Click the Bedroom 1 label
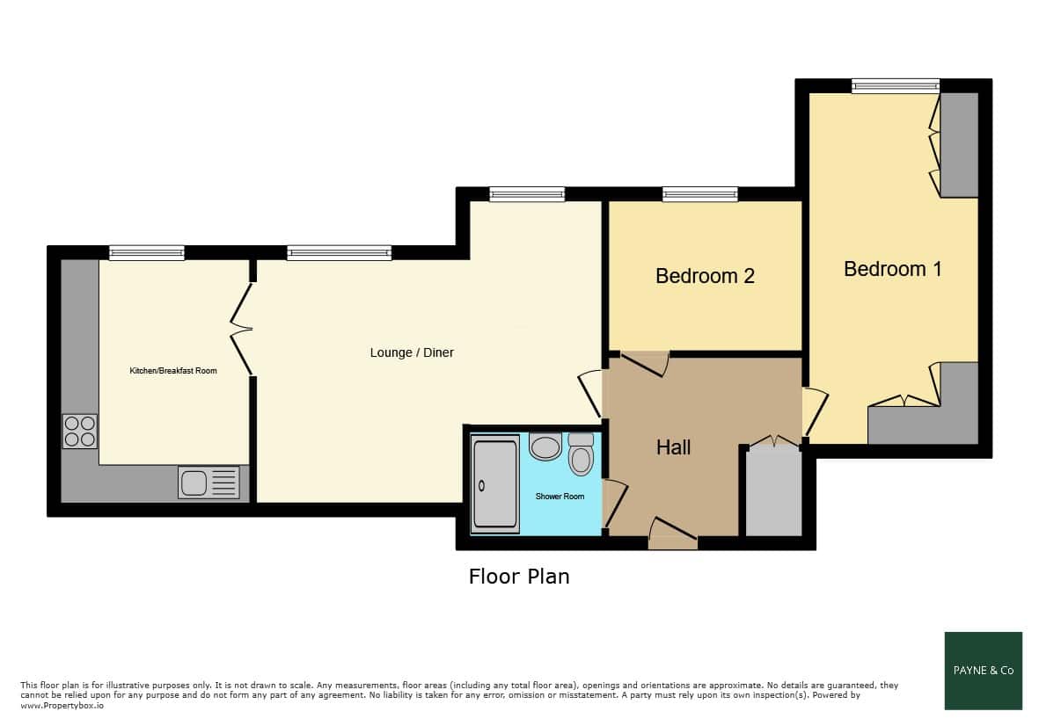(x=892, y=269)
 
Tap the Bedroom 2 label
(x=705, y=275)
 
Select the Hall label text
(x=673, y=447)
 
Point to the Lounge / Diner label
(x=412, y=352)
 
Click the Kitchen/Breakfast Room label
(x=173, y=371)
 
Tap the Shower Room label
(x=560, y=497)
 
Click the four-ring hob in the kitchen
(x=80, y=431)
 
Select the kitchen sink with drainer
(x=209, y=483)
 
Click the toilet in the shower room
(x=582, y=454)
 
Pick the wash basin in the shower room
(x=545, y=446)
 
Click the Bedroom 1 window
(x=896, y=85)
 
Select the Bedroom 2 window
(x=699, y=194)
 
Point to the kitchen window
(x=146, y=252)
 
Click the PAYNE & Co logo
(x=984, y=671)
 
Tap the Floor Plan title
(x=519, y=577)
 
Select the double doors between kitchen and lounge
(x=242, y=329)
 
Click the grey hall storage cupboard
(x=773, y=490)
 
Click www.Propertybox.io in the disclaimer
(x=62, y=706)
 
